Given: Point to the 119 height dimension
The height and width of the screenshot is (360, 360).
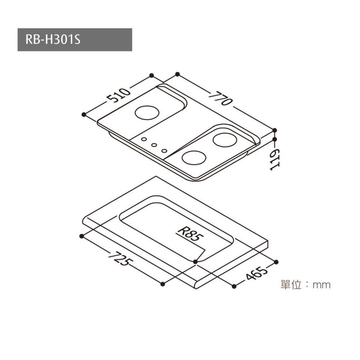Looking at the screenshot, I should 275,160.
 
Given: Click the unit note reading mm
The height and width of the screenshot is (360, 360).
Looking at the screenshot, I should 305,285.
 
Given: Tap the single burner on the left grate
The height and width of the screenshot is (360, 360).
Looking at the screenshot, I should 147,113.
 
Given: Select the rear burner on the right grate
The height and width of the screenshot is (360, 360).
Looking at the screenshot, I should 224,140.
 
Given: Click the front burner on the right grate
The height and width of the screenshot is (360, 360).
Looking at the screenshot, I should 194,157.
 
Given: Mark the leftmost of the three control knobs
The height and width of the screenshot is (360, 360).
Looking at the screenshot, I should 144,139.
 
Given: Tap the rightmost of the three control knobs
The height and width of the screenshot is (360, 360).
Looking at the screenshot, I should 165,151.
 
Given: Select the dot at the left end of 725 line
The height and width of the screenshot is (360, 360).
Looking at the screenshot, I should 81,236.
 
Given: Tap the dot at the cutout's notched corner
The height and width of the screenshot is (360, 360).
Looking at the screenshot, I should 195,261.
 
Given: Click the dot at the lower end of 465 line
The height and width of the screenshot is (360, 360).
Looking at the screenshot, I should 234,286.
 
